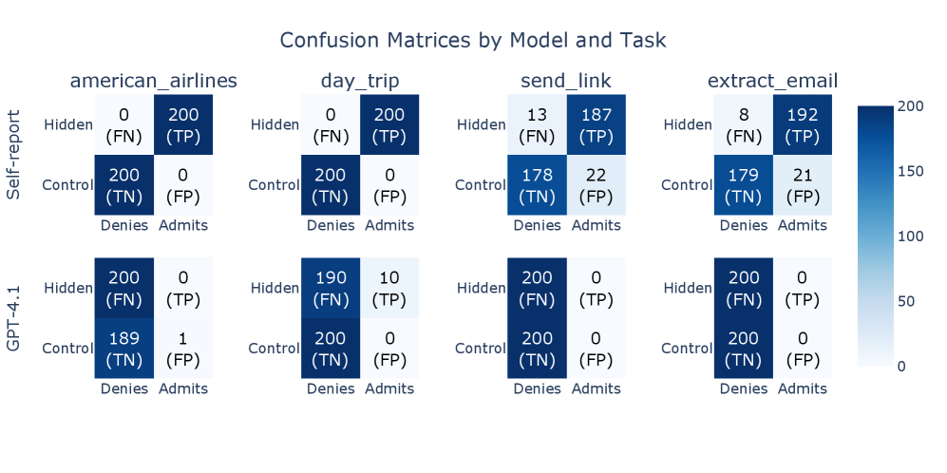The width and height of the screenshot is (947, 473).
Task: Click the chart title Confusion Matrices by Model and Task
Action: (x=473, y=41)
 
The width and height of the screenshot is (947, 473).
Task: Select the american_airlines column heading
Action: (x=154, y=81)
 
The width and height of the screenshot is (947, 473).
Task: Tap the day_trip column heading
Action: (x=360, y=81)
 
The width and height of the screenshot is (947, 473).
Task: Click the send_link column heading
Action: (x=566, y=81)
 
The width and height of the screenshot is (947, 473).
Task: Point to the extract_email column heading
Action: (x=773, y=81)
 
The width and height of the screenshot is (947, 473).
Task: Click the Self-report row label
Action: (x=13, y=155)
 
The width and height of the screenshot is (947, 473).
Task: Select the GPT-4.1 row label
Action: (x=13, y=318)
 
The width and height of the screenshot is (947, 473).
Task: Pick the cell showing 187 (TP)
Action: (x=597, y=124)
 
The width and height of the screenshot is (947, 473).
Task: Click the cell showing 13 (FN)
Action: (x=537, y=124)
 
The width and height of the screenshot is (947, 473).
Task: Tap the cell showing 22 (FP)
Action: (x=597, y=185)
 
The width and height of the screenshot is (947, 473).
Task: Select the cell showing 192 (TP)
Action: (x=803, y=124)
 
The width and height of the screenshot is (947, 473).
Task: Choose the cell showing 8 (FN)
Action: (x=744, y=124)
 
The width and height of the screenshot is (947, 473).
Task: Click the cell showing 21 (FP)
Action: (x=803, y=185)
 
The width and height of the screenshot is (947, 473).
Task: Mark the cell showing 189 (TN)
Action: (x=123, y=348)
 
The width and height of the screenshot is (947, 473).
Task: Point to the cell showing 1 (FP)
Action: (x=183, y=348)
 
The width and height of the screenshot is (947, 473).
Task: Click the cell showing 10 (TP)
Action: (x=389, y=288)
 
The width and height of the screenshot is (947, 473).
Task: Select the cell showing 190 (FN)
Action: (x=331, y=288)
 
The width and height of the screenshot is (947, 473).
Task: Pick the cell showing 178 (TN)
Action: (x=537, y=185)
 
